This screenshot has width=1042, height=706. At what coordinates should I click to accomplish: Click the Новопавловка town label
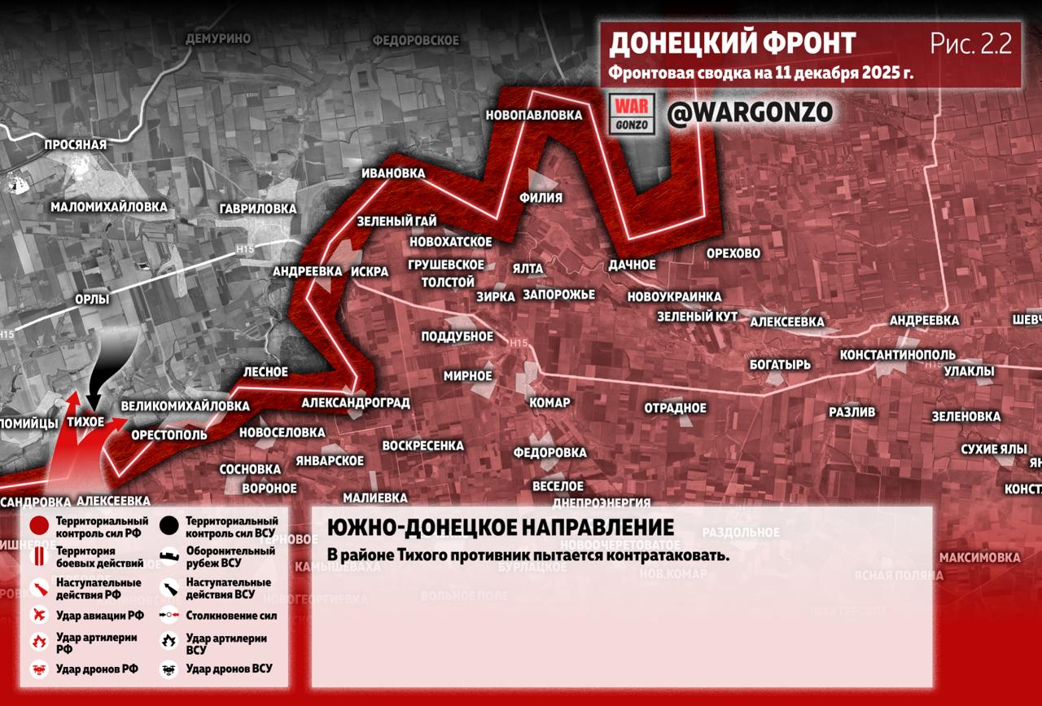point(534,116)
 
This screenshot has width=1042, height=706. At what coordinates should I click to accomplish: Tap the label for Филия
point(541,197)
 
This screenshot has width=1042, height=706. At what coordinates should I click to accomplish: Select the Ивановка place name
point(394,173)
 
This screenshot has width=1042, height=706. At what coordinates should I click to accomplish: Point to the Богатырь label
point(781,364)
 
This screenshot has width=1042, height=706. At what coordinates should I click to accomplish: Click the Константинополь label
point(898,355)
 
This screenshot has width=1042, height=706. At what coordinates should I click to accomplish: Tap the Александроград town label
point(355,402)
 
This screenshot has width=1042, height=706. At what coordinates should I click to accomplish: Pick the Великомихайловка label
point(185,406)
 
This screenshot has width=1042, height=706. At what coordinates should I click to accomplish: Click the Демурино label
point(218,38)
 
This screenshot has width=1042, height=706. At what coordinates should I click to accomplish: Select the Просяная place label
point(76,144)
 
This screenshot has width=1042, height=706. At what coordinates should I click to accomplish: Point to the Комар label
point(549,402)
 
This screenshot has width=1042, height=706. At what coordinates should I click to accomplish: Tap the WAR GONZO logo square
point(632,114)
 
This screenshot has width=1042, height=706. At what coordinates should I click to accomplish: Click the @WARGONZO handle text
point(750,113)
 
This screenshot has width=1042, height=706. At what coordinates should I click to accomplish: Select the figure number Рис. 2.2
point(971,44)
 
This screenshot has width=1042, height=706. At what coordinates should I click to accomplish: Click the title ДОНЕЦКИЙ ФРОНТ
point(733,43)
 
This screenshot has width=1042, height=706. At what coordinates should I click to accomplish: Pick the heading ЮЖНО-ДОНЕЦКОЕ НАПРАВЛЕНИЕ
point(501,528)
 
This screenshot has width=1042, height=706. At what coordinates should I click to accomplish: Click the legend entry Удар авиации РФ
point(99,616)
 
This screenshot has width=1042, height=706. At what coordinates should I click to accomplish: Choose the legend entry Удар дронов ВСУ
point(229,669)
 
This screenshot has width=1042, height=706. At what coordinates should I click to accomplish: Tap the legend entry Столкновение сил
point(230,616)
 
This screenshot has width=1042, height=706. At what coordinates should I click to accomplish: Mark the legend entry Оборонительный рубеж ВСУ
point(230,556)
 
